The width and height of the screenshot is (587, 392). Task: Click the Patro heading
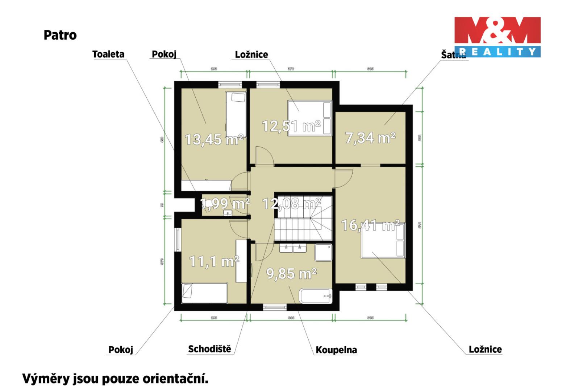point(60,35)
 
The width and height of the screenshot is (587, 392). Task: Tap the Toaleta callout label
point(108,54)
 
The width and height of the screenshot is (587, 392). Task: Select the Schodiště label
point(209,349)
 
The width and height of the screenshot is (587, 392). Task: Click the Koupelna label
point(336,350)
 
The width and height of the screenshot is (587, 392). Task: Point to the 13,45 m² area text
point(214,139)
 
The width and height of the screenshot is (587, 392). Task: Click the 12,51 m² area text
point(291,126)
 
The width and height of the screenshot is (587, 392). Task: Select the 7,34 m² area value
point(370,138)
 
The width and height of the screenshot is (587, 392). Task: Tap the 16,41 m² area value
point(370,225)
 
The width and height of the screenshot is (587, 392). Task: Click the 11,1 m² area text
point(214,261)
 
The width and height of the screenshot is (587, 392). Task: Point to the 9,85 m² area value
point(292,273)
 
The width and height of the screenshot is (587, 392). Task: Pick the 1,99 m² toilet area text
point(225,204)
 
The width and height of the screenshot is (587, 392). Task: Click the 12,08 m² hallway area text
point(292,204)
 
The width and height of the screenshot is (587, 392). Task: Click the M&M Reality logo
point(498,37)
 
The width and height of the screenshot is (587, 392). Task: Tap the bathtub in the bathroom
point(316,296)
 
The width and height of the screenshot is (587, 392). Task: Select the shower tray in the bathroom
point(323,252)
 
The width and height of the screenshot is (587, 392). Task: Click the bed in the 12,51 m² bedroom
point(310,118)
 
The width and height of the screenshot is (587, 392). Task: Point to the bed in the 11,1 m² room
point(204,293)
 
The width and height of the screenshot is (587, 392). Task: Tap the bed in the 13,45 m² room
point(236,113)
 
